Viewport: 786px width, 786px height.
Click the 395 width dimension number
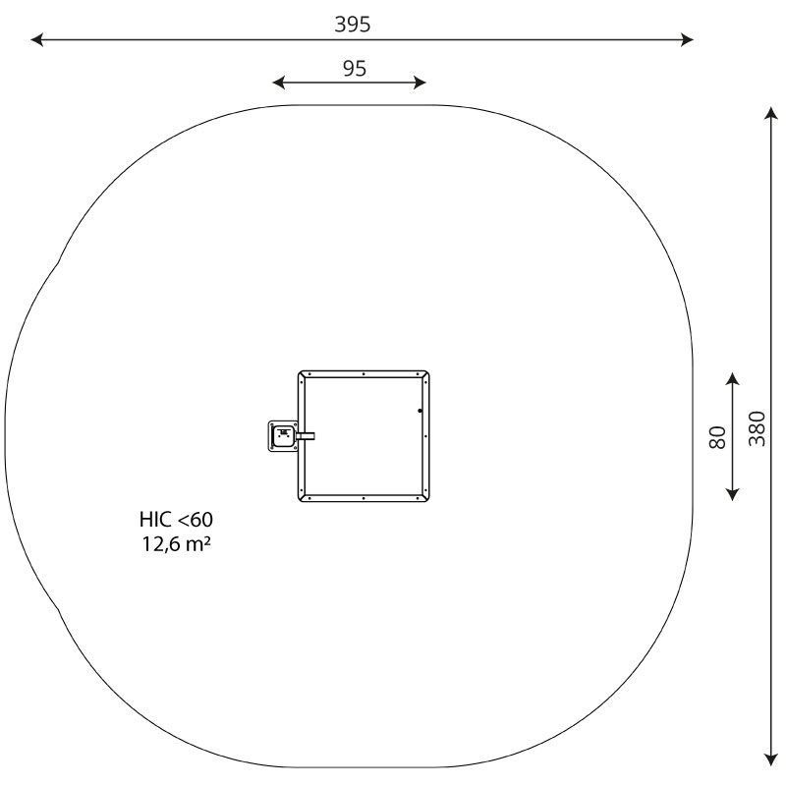click(x=353, y=24)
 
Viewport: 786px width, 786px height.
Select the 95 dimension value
click(x=355, y=69)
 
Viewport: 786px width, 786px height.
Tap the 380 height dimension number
click(x=758, y=428)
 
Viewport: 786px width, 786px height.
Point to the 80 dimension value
click(x=718, y=437)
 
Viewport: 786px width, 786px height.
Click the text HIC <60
click(x=176, y=520)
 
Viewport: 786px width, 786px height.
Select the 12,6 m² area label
click(x=176, y=544)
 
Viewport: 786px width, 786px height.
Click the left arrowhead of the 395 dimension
click(x=36, y=39)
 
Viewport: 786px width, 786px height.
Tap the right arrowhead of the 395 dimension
click(x=687, y=39)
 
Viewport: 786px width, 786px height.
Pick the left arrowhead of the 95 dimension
click(x=278, y=83)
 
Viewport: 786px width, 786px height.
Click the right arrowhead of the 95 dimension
click(x=421, y=83)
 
